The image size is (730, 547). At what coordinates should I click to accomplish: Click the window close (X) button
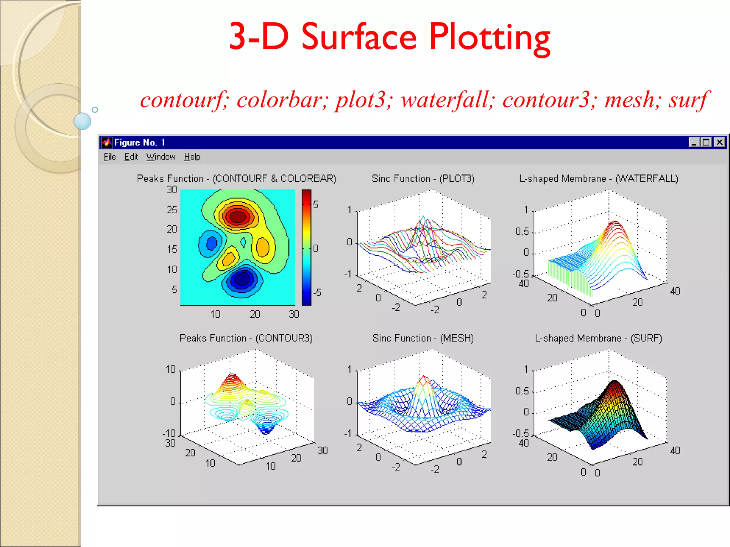pos(720,142)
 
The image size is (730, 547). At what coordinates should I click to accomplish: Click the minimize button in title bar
pos(694,142)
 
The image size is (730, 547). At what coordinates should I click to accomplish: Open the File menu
pos(110,157)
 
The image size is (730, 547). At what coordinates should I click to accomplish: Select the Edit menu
pos(131,157)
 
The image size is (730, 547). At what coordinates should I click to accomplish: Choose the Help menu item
pos(192,157)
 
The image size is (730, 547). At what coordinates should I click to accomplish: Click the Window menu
pos(161,157)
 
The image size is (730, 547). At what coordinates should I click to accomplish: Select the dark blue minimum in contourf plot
pos(242,279)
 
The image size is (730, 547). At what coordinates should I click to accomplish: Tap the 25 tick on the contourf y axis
pos(172,209)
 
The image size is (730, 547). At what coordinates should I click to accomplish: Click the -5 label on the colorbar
pos(317,293)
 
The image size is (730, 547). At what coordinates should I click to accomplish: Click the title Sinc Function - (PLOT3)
pos(423,178)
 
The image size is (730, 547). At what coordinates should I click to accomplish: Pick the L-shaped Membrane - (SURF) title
pos(598,338)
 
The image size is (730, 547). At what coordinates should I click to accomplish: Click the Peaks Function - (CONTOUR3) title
pos(246,338)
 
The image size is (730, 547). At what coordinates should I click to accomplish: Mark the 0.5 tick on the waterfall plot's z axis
pos(522,231)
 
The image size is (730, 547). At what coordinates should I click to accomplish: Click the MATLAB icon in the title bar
pos(106,142)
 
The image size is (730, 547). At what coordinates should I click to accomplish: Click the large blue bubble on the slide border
pos(82,121)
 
